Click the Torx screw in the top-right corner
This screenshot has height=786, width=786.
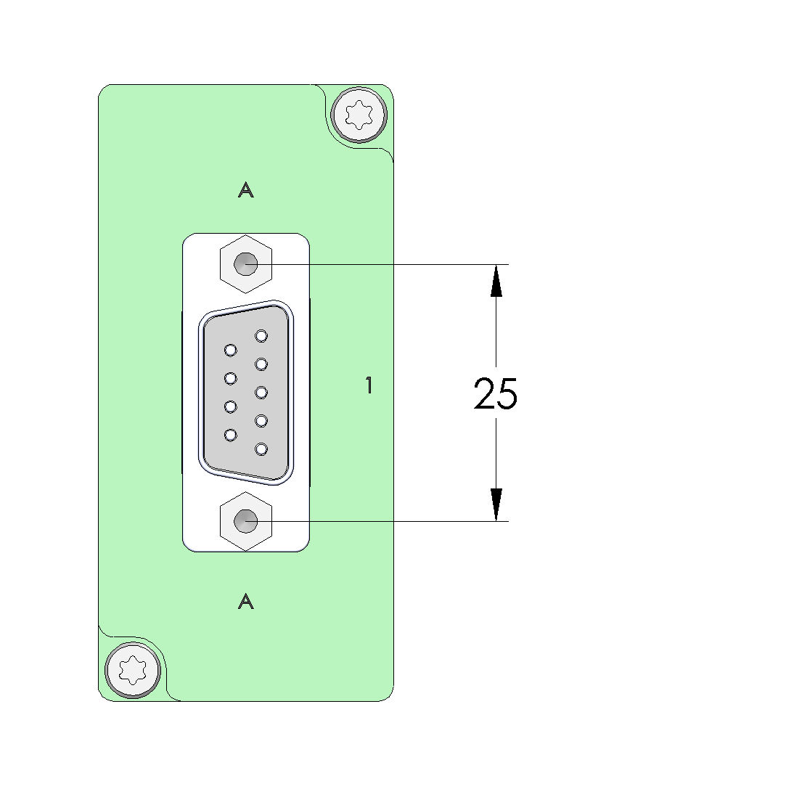pos(359,115)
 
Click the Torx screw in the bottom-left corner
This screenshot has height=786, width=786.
pos(133,670)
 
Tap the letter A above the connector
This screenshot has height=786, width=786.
pos(245,190)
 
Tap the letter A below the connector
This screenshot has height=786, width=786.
pos(245,602)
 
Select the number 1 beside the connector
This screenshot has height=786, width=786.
pos(369,385)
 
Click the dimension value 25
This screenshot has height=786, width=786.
pos(495,393)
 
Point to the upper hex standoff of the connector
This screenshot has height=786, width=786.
pos(245,263)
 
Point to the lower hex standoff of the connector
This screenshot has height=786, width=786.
pos(245,521)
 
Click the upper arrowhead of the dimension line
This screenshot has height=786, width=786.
pos(496,281)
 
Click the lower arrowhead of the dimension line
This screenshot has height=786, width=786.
pos(496,505)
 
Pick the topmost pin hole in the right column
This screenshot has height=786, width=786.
pos(261,335)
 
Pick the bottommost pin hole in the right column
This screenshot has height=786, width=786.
pos(261,449)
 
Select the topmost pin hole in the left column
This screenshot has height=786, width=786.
pos(231,350)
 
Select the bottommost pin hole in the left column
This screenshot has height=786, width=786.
pos(231,435)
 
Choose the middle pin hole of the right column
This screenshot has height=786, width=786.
pos(261,392)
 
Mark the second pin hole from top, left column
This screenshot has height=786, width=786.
pos(231,378)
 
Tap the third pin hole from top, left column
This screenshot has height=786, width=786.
pos(231,406)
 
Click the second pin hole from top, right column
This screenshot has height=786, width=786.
pos(261,364)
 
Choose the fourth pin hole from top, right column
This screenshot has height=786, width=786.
pos(261,420)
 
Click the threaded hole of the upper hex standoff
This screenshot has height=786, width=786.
pos(245,263)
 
